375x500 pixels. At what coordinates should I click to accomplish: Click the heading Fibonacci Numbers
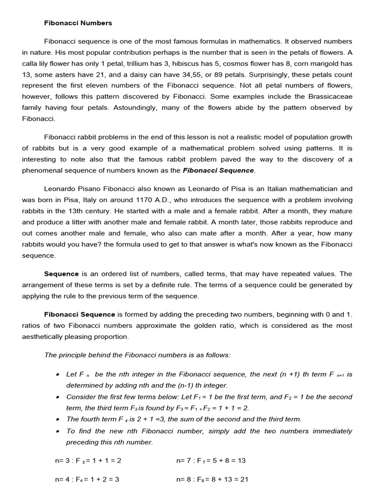point(78,23)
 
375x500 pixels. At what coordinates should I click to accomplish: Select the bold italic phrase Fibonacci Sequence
point(218,170)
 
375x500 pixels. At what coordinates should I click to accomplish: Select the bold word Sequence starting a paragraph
point(62,274)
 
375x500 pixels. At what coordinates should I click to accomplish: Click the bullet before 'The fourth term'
point(58,419)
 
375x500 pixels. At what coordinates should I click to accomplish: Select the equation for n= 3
point(88,460)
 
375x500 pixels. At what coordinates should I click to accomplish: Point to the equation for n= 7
point(211,460)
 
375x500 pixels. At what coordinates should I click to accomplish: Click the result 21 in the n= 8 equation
point(244,479)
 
